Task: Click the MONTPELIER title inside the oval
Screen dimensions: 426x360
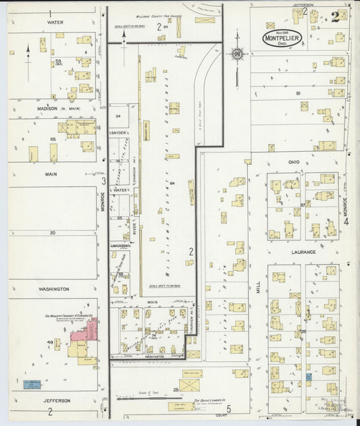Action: point(282,38)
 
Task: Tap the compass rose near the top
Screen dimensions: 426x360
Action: point(237,54)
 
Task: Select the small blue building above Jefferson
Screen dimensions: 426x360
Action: point(32,383)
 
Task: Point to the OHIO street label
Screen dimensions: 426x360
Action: point(294,162)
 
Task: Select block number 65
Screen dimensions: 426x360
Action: point(52,138)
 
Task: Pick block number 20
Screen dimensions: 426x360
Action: point(52,232)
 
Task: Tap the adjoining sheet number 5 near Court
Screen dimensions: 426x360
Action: point(229,407)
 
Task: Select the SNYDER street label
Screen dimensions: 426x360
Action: point(119,132)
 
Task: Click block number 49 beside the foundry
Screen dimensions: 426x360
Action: point(49,342)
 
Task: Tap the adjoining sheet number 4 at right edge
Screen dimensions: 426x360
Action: point(345,220)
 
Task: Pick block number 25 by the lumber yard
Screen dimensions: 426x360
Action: point(176,389)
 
